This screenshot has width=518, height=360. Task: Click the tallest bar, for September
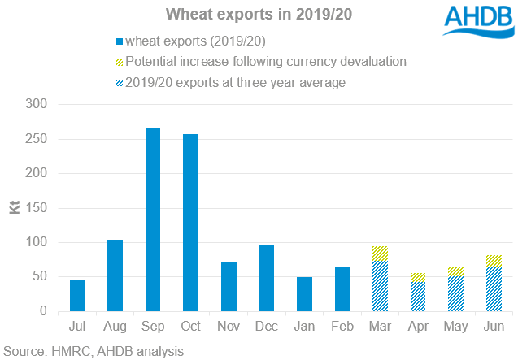pos(153,219)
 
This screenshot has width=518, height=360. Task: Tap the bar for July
pos(77,295)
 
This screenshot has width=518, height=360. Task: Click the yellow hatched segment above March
pos(381,254)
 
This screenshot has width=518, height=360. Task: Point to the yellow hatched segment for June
pos(494,261)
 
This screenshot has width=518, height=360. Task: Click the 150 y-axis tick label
pos(37,208)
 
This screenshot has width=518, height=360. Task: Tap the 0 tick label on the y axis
pos(44,311)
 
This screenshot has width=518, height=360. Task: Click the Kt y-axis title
pos(15,208)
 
